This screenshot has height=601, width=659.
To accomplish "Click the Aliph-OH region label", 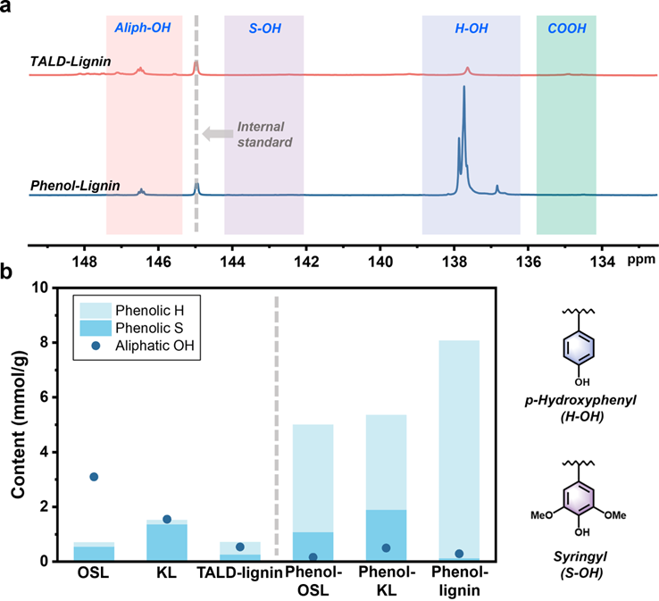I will pos(143,29).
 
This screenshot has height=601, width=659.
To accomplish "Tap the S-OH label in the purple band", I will pos(263,29).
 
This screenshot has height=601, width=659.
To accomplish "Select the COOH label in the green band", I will pos(566,29).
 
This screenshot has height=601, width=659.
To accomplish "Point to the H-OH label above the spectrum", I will pos(471,29).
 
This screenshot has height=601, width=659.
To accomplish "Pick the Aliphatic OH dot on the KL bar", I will pos(142,519).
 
